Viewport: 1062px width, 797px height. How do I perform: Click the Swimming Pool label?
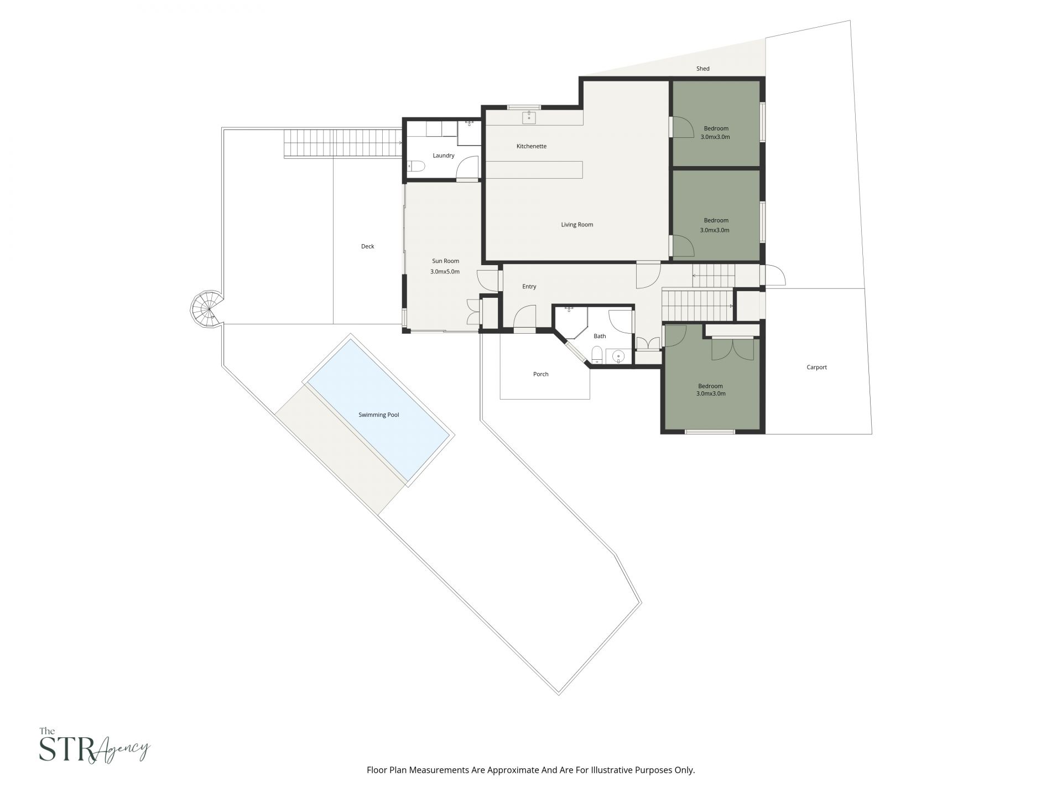click(378, 415)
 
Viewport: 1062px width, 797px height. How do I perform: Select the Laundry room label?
click(443, 156)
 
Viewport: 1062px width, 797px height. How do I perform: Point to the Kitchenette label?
click(531, 146)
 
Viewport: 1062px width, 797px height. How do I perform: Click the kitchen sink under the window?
click(529, 117)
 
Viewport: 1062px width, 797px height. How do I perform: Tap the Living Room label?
click(577, 225)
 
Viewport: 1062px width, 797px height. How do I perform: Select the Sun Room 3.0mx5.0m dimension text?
click(445, 272)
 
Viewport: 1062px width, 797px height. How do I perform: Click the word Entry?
click(529, 287)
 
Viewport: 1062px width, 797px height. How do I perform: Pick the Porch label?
click(540, 374)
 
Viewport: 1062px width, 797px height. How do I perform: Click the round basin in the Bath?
click(618, 356)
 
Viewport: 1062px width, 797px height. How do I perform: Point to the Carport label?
click(816, 367)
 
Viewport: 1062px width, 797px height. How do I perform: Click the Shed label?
click(702, 69)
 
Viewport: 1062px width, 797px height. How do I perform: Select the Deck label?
click(367, 246)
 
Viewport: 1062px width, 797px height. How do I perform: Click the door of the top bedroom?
click(682, 127)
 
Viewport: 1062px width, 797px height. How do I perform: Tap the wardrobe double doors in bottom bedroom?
click(732, 349)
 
